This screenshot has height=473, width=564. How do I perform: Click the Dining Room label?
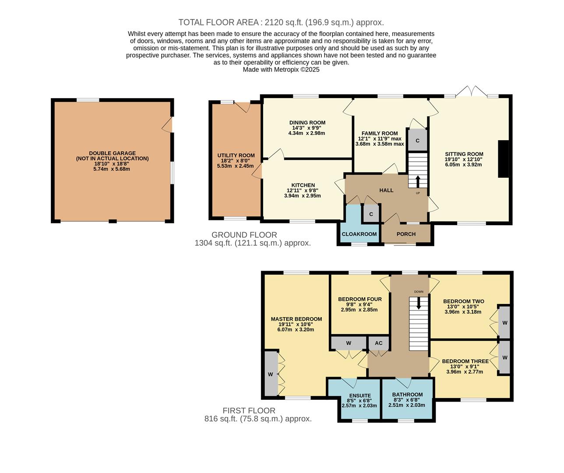point(307,123)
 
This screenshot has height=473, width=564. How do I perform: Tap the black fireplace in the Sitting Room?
point(504,159)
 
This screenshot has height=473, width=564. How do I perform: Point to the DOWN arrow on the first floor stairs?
point(419,303)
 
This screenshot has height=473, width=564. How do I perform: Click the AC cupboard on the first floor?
point(378,343)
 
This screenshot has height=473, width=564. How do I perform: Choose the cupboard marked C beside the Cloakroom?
point(371,214)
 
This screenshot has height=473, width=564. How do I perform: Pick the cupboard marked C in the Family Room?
point(417,141)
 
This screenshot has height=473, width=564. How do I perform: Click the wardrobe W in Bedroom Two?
point(504,323)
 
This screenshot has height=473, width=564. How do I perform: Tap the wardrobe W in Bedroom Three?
point(504,357)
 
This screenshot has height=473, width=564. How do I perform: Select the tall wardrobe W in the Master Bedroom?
point(271,374)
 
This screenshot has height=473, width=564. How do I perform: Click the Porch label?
point(406,234)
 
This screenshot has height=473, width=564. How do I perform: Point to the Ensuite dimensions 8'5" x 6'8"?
point(360,400)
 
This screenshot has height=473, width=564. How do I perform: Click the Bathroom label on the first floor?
point(407,395)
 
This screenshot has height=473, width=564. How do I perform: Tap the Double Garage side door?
point(167,126)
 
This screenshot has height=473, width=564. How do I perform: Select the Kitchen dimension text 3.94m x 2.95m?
point(302,196)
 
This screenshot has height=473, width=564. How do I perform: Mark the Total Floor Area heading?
point(281,22)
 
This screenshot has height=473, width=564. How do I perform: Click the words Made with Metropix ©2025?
point(281,70)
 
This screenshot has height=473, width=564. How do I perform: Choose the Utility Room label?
point(236,155)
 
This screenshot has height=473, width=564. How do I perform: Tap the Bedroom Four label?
point(360,299)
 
